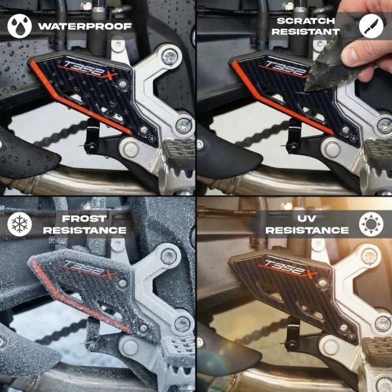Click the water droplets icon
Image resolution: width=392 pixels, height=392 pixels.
[19, 26]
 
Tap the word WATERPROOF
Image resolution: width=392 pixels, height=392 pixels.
[84, 27]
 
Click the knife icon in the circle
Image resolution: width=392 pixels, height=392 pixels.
[371, 25]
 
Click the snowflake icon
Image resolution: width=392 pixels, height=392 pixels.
[19, 224]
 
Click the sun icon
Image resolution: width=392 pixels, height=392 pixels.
[371, 224]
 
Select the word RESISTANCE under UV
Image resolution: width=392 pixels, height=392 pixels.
[307, 231]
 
